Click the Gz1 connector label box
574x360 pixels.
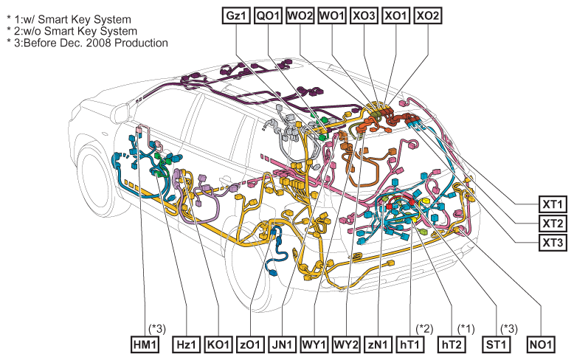pyautogui.click(x=236, y=15)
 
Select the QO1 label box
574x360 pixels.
pyautogui.click(x=268, y=15)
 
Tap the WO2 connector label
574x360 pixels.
pyautogui.click(x=300, y=15)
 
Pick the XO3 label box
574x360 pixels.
pyautogui.click(x=364, y=15)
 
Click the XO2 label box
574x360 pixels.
pyautogui.click(x=428, y=15)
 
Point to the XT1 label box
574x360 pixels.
pyautogui.click(x=553, y=204)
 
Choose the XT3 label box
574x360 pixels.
pyautogui.click(x=553, y=242)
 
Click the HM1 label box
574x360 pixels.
pyautogui.click(x=145, y=345)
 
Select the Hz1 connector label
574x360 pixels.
pyautogui.click(x=187, y=345)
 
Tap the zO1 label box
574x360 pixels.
pyautogui.click(x=250, y=345)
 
